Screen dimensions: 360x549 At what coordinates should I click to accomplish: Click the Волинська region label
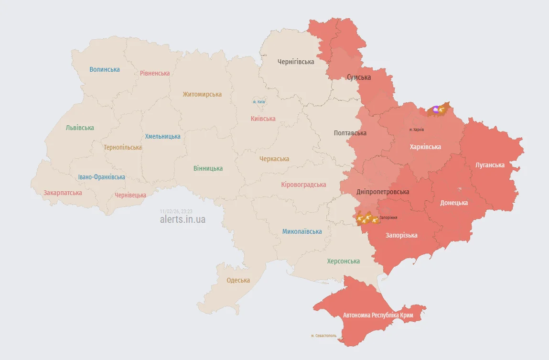[x=105, y=69]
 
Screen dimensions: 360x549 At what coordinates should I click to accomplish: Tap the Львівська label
[x=80, y=128]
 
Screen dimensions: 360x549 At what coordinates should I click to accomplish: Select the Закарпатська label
[x=63, y=193]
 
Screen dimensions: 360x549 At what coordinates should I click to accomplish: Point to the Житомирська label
[x=202, y=94]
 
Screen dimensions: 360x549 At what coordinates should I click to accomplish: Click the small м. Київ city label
[x=259, y=102]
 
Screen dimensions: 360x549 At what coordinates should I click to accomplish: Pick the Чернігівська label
[x=296, y=62]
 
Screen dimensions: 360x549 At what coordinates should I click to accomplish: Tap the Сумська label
[x=359, y=77]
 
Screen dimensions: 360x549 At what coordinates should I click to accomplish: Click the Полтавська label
[x=350, y=133]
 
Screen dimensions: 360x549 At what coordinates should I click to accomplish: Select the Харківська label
[x=425, y=147]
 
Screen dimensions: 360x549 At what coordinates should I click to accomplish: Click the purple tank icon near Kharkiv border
[x=435, y=110]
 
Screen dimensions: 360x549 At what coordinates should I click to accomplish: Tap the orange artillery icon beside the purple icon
[x=442, y=110]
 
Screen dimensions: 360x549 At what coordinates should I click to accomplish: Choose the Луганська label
[x=490, y=165]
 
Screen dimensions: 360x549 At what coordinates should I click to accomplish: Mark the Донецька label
[x=454, y=203]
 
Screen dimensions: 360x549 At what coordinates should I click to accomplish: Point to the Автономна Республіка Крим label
[x=381, y=316]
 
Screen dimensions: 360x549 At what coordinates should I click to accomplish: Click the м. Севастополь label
[x=323, y=336]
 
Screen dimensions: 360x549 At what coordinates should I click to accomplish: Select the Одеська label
[x=238, y=281]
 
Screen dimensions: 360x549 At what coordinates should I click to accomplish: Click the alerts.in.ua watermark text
[x=183, y=219]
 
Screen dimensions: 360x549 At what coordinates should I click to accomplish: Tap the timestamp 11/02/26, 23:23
[x=176, y=211]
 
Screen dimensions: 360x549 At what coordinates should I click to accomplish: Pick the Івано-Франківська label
[x=102, y=177]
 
